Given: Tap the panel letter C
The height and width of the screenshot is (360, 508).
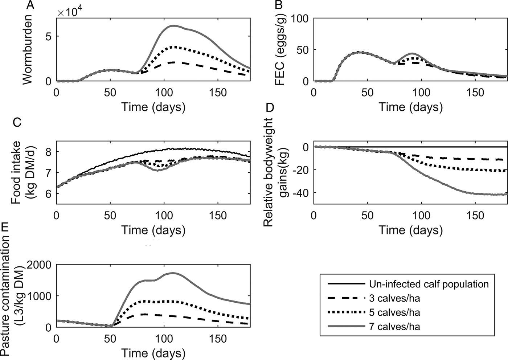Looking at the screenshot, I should (17, 122).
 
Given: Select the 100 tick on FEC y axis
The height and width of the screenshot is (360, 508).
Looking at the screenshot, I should (298, 19).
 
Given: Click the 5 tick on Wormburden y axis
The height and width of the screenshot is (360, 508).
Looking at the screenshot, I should (48, 36).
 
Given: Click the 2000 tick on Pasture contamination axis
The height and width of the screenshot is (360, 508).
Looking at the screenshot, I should (38, 265).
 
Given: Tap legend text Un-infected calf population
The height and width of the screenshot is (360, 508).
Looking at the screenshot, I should (429, 284).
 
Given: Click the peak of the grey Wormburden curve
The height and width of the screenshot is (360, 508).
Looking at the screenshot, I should (174, 26).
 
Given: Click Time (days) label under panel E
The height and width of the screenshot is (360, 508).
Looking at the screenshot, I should (153, 353).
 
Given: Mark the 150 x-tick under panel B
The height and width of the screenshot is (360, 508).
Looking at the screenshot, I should (475, 93).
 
